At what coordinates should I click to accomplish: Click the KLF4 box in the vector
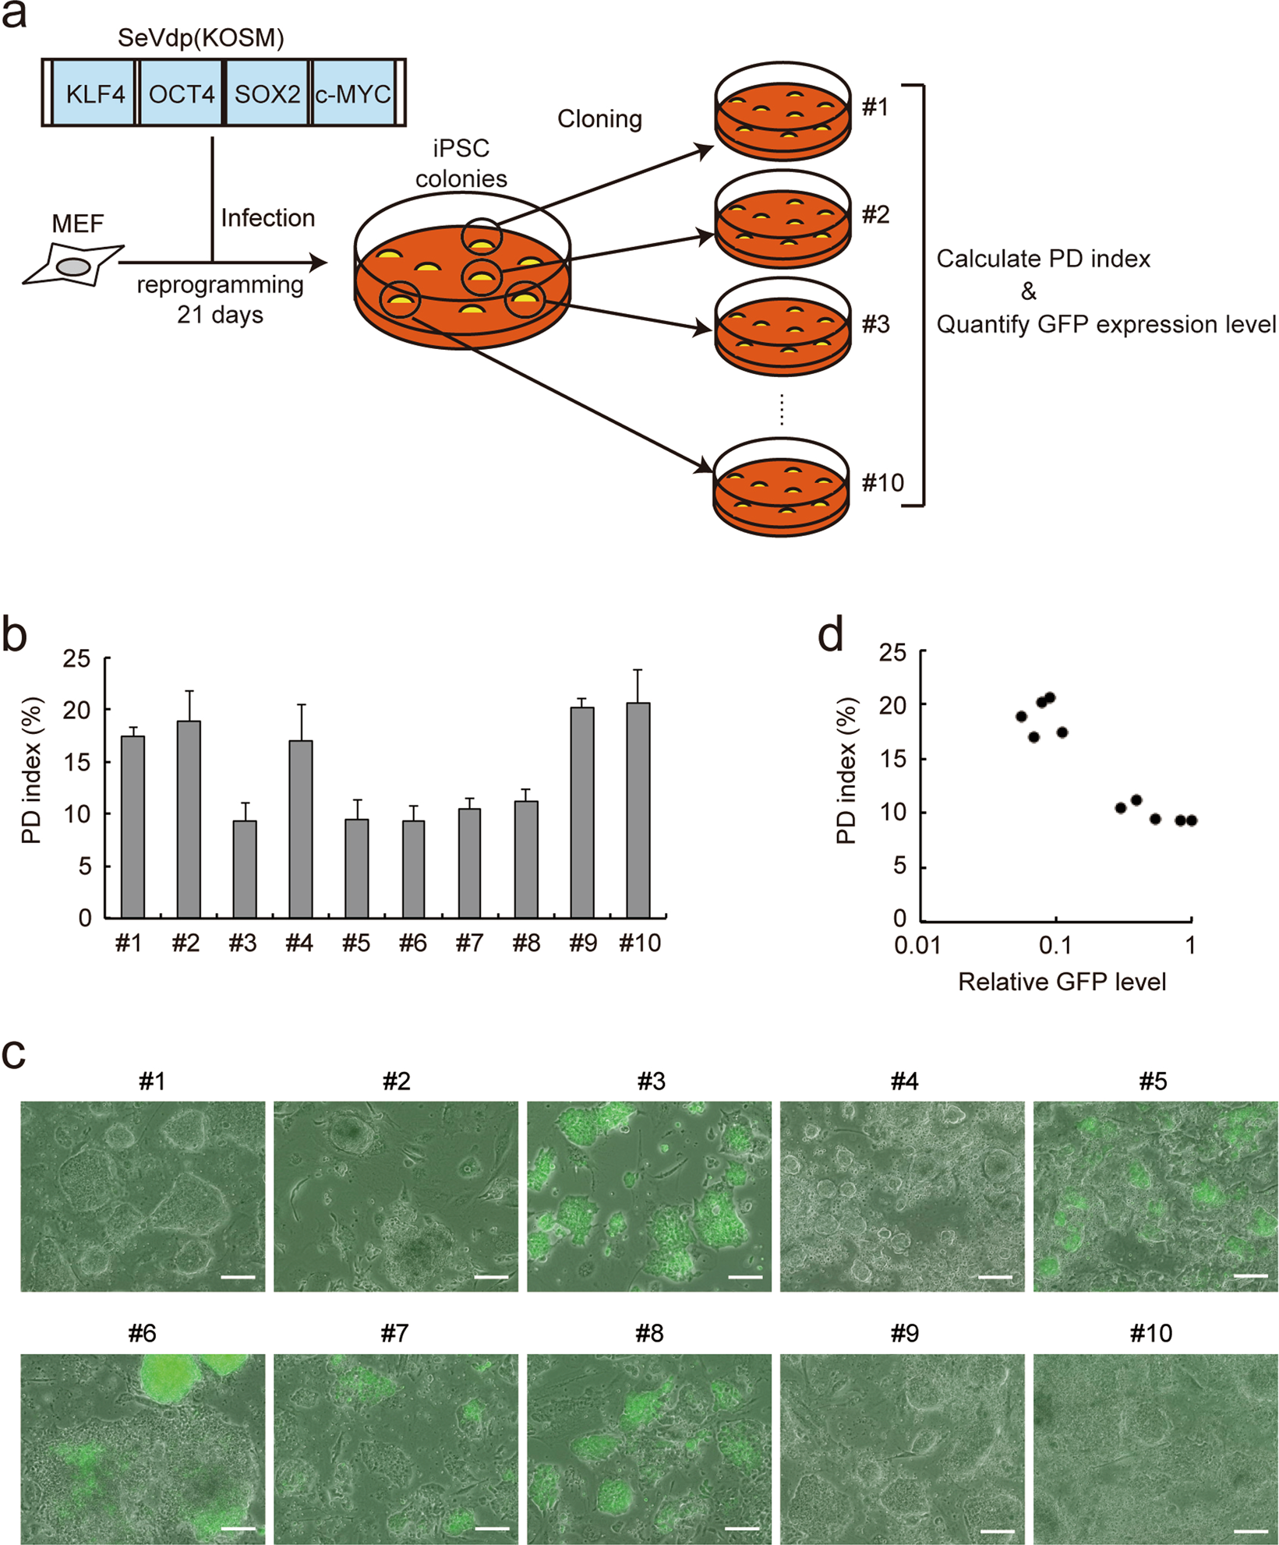(94, 93)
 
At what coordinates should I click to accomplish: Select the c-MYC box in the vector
(352, 93)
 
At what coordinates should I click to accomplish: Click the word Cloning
(599, 119)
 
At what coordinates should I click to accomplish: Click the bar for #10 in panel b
(638, 810)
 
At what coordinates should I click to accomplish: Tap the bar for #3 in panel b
(245, 869)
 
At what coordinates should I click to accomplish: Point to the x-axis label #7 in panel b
(469, 944)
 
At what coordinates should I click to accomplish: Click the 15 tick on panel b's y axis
(79, 762)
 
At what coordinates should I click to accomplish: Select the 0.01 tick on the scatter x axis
(917, 946)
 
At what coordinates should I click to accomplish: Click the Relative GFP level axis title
(1062, 982)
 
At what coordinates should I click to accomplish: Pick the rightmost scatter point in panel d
(1191, 820)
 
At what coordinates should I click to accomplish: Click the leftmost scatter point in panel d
(1021, 717)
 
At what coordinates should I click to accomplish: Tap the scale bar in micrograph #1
(238, 1277)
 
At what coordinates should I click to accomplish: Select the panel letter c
(14, 1053)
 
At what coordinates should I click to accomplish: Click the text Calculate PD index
(1043, 259)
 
